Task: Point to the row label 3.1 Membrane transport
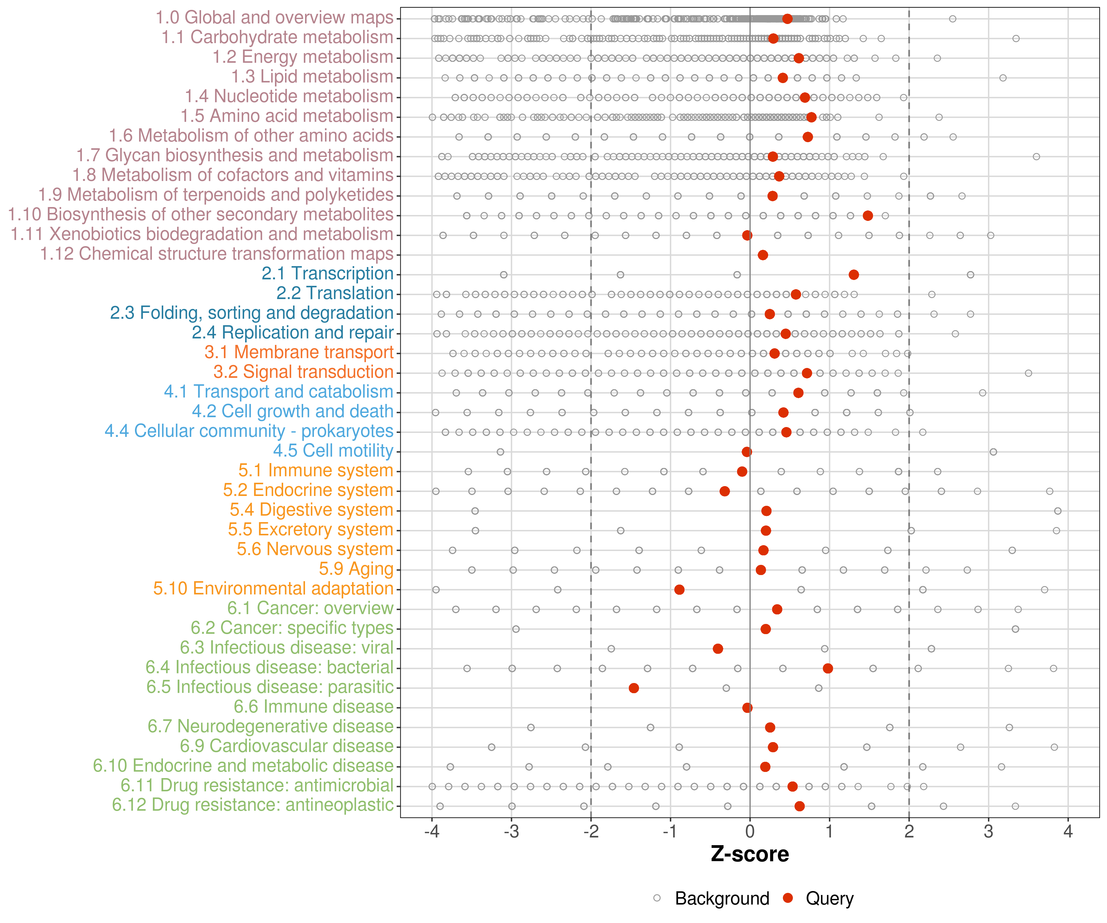coord(299,352)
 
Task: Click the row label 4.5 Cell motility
coord(333,451)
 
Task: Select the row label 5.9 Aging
coord(356,569)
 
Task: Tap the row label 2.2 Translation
coord(335,293)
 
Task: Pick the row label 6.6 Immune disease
coord(314,707)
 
